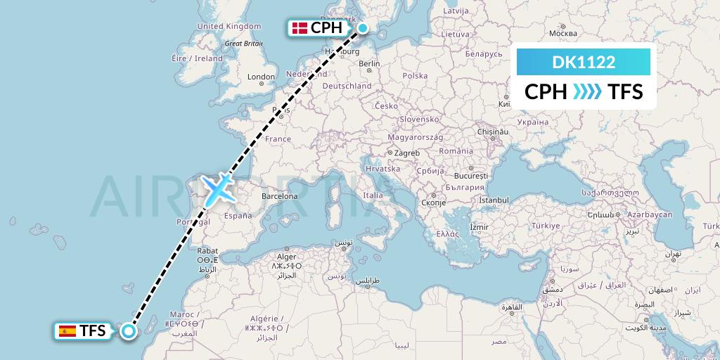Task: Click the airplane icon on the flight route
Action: [x=219, y=187]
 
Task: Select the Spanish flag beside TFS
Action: [x=67, y=330]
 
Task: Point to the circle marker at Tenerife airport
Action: [x=128, y=330]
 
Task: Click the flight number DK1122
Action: [x=584, y=63]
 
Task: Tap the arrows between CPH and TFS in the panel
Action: [x=588, y=91]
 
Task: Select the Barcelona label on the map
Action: [x=279, y=196]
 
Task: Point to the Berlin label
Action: [x=369, y=63]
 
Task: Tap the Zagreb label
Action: [x=407, y=153]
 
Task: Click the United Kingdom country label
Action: [x=229, y=26]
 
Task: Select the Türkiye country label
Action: [x=546, y=226]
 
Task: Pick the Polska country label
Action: [x=415, y=76]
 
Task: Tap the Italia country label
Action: [x=373, y=195]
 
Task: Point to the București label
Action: [x=470, y=174]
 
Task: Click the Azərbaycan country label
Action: [x=650, y=214]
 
